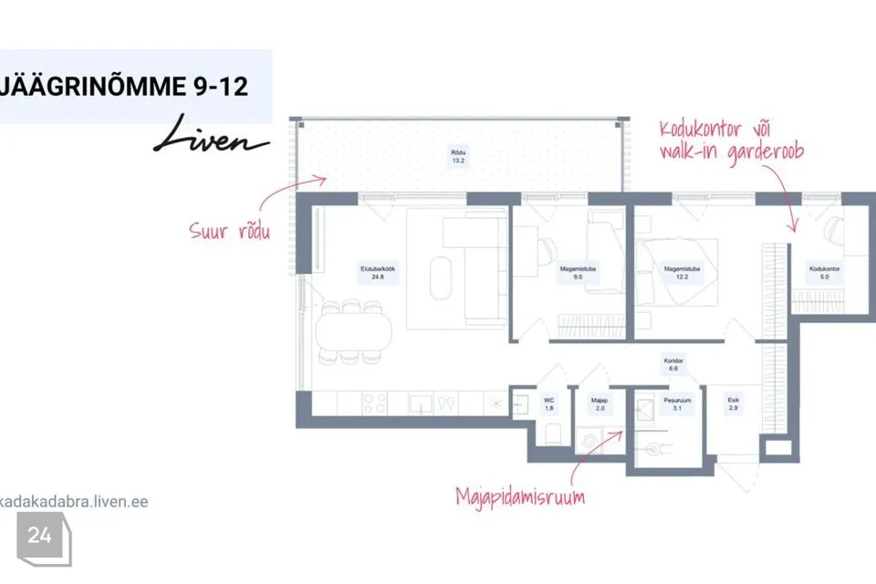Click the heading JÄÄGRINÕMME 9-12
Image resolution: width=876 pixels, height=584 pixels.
click(x=123, y=87)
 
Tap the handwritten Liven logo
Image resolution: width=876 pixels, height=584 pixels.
click(x=211, y=135)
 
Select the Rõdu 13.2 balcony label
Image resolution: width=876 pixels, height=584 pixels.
click(x=458, y=156)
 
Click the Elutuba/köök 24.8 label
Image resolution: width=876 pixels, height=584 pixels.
click(x=378, y=273)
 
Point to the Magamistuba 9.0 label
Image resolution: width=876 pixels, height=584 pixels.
click(x=578, y=273)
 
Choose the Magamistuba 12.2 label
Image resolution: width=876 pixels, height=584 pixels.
click(x=682, y=273)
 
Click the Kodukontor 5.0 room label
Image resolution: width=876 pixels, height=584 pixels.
click(x=824, y=273)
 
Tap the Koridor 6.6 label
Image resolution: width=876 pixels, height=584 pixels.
click(x=673, y=364)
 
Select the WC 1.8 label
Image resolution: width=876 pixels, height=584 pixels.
click(x=549, y=404)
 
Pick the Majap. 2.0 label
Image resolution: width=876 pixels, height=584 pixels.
click(x=600, y=404)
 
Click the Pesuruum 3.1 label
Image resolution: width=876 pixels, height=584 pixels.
click(x=677, y=404)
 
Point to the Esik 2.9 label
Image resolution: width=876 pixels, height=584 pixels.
click(x=733, y=404)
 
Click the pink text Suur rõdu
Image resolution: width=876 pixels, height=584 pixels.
click(x=230, y=230)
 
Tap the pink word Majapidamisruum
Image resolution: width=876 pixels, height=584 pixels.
click(x=520, y=496)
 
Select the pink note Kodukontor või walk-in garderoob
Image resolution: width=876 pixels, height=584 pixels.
click(x=731, y=141)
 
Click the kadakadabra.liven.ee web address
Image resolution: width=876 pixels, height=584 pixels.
click(x=74, y=501)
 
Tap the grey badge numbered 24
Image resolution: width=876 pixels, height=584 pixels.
click(x=44, y=538)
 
